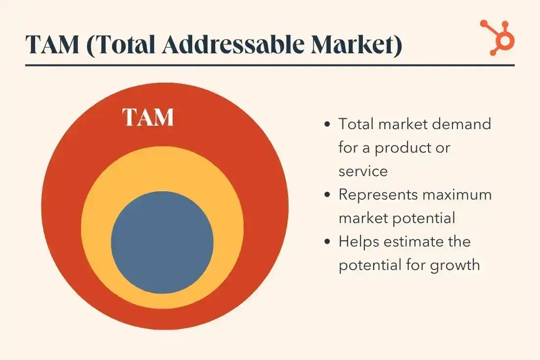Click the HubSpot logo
[x=496, y=37]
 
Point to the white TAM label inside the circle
[x=148, y=117]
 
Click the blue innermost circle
[x=162, y=242]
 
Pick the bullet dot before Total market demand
[x=327, y=124]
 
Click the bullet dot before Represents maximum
[x=327, y=195]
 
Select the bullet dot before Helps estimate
[x=327, y=242]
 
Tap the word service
[x=363, y=171]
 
